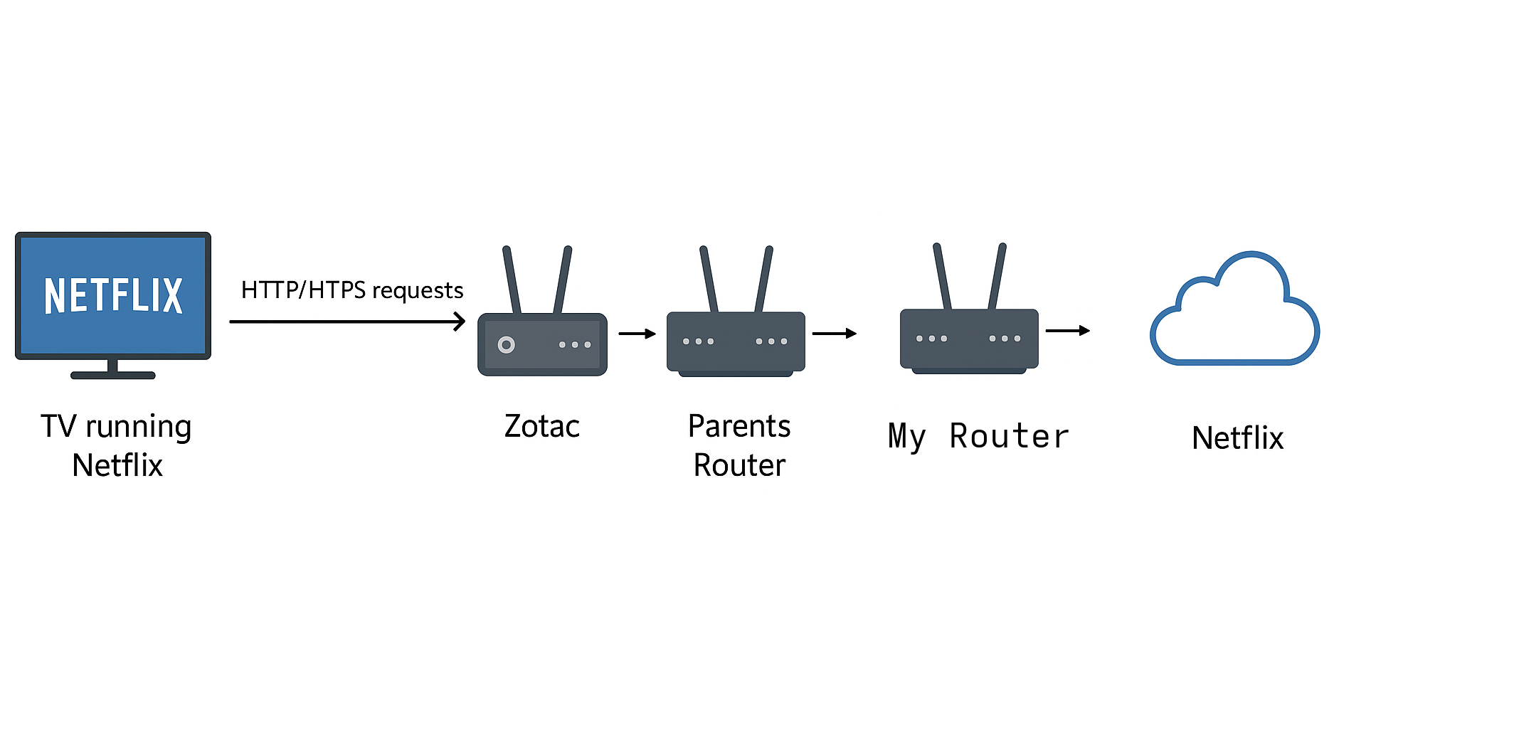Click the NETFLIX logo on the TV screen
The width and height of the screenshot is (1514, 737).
(113, 295)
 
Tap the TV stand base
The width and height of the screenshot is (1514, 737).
(112, 375)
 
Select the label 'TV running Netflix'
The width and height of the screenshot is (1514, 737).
(117, 445)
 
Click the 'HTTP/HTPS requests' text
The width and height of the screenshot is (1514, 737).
(352, 290)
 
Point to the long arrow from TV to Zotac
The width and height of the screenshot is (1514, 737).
(346, 322)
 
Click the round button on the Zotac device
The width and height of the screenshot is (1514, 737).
(506, 345)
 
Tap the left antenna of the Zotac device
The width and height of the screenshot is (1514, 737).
(512, 280)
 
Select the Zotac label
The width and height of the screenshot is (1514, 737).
(542, 426)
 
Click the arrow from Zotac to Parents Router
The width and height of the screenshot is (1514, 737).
(637, 334)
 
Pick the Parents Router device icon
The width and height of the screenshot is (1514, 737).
(736, 342)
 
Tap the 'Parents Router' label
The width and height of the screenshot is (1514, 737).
(739, 445)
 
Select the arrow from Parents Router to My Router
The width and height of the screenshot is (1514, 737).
(834, 333)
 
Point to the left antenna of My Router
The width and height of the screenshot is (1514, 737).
(943, 277)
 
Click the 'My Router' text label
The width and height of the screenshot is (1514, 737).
(978, 436)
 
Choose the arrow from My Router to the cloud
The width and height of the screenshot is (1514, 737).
(1067, 330)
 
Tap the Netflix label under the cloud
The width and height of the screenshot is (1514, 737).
(1237, 438)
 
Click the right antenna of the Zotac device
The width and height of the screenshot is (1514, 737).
(563, 280)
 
